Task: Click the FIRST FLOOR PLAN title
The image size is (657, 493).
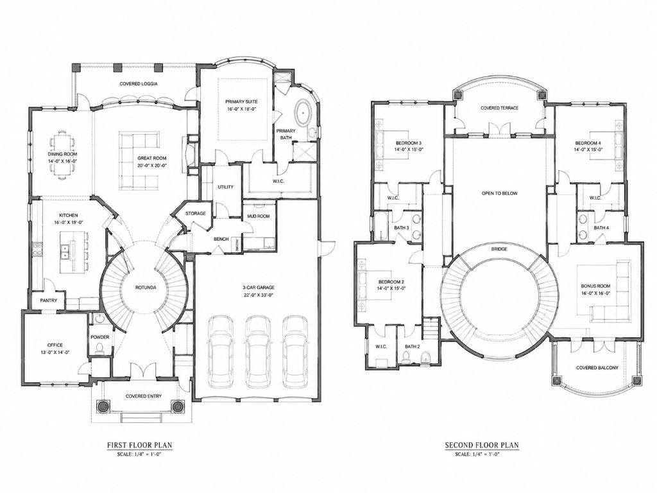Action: click(140, 445)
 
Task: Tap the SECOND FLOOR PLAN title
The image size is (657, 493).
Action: click(481, 445)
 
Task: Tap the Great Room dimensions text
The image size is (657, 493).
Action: click(152, 165)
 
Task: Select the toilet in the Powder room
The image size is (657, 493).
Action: click(99, 349)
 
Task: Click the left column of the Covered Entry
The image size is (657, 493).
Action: click(102, 406)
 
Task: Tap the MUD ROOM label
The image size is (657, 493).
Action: click(259, 216)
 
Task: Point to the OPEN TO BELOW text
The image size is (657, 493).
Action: click(499, 193)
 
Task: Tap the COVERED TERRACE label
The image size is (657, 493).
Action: click(499, 108)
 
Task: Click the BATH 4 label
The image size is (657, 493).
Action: click(601, 227)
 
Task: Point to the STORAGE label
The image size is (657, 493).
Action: click(196, 213)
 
